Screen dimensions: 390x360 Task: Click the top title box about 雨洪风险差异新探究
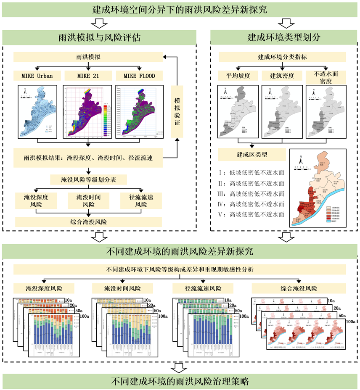[x=180, y=9]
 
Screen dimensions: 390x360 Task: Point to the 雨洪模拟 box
[x=88, y=57]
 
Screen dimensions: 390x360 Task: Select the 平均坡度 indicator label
[x=236, y=76]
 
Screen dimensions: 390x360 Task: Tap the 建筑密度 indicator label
[x=281, y=76]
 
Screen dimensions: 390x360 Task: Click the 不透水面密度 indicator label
[x=326, y=76]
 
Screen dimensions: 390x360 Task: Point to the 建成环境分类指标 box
[x=281, y=57]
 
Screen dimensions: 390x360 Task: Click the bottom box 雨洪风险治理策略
[x=180, y=382]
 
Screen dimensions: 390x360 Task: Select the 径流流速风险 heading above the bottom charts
[x=202, y=289]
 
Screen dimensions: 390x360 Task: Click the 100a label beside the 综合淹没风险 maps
[x=351, y=321]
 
